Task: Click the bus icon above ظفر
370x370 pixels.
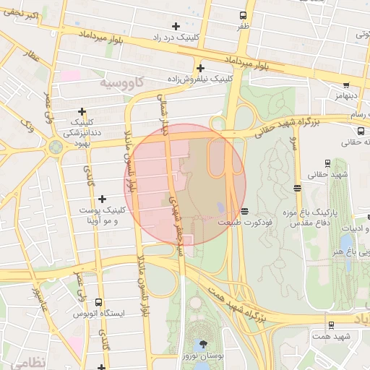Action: point(242,14)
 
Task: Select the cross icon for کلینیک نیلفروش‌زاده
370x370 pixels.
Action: point(199,67)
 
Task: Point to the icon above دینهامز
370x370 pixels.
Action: point(346,85)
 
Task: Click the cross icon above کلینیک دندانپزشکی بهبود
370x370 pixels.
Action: point(82,112)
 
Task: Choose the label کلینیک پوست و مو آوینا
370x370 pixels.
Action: point(101,215)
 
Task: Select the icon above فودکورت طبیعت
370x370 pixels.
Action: point(245,212)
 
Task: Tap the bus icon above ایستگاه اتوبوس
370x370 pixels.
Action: point(98,304)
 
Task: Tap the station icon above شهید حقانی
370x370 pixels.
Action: point(328,163)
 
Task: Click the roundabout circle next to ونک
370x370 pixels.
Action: point(55,147)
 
